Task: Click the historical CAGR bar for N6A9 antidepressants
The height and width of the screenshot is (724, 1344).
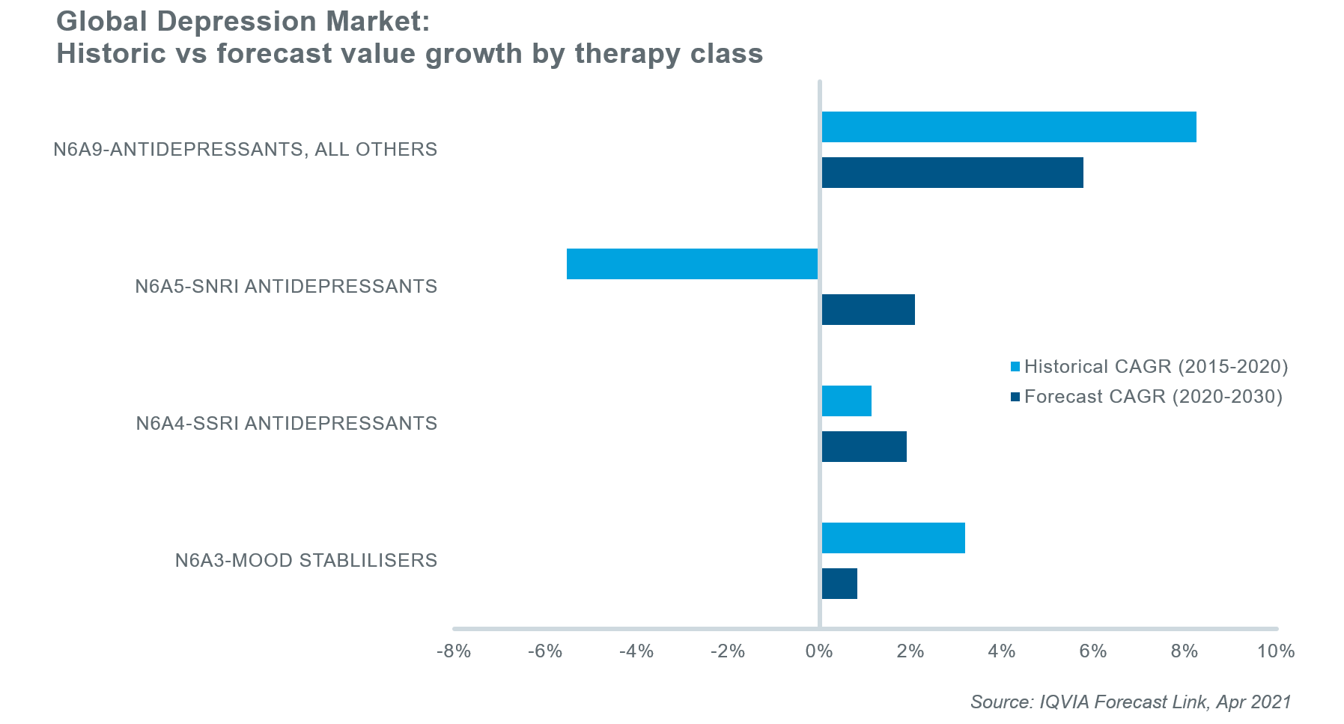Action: click(1009, 127)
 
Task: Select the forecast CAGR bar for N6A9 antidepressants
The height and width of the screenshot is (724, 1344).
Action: click(952, 173)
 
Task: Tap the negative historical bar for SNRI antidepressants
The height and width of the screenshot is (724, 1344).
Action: click(692, 264)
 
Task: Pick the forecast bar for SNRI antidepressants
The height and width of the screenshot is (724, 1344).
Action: click(869, 310)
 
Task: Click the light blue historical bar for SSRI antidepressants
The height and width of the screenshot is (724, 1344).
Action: click(847, 401)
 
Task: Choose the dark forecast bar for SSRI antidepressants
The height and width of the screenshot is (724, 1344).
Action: click(864, 447)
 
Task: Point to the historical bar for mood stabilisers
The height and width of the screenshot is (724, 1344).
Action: click(893, 538)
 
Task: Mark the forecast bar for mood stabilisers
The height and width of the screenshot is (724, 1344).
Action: click(839, 584)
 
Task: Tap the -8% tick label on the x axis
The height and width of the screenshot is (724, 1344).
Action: click(454, 651)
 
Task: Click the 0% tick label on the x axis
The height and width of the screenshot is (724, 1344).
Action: click(819, 651)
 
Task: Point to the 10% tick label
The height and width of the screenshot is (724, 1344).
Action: click(1275, 651)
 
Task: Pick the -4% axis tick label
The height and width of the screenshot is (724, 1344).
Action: click(636, 651)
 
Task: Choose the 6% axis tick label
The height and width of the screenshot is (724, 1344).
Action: click(1093, 651)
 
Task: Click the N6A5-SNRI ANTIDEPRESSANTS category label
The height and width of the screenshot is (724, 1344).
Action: click(286, 287)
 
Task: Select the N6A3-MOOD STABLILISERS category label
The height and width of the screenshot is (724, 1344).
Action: click(306, 561)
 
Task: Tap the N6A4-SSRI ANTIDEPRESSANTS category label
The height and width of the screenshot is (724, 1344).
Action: click(287, 424)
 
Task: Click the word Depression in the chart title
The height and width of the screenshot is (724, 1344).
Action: click(238, 22)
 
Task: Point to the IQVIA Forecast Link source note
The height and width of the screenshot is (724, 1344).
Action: click(1131, 702)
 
